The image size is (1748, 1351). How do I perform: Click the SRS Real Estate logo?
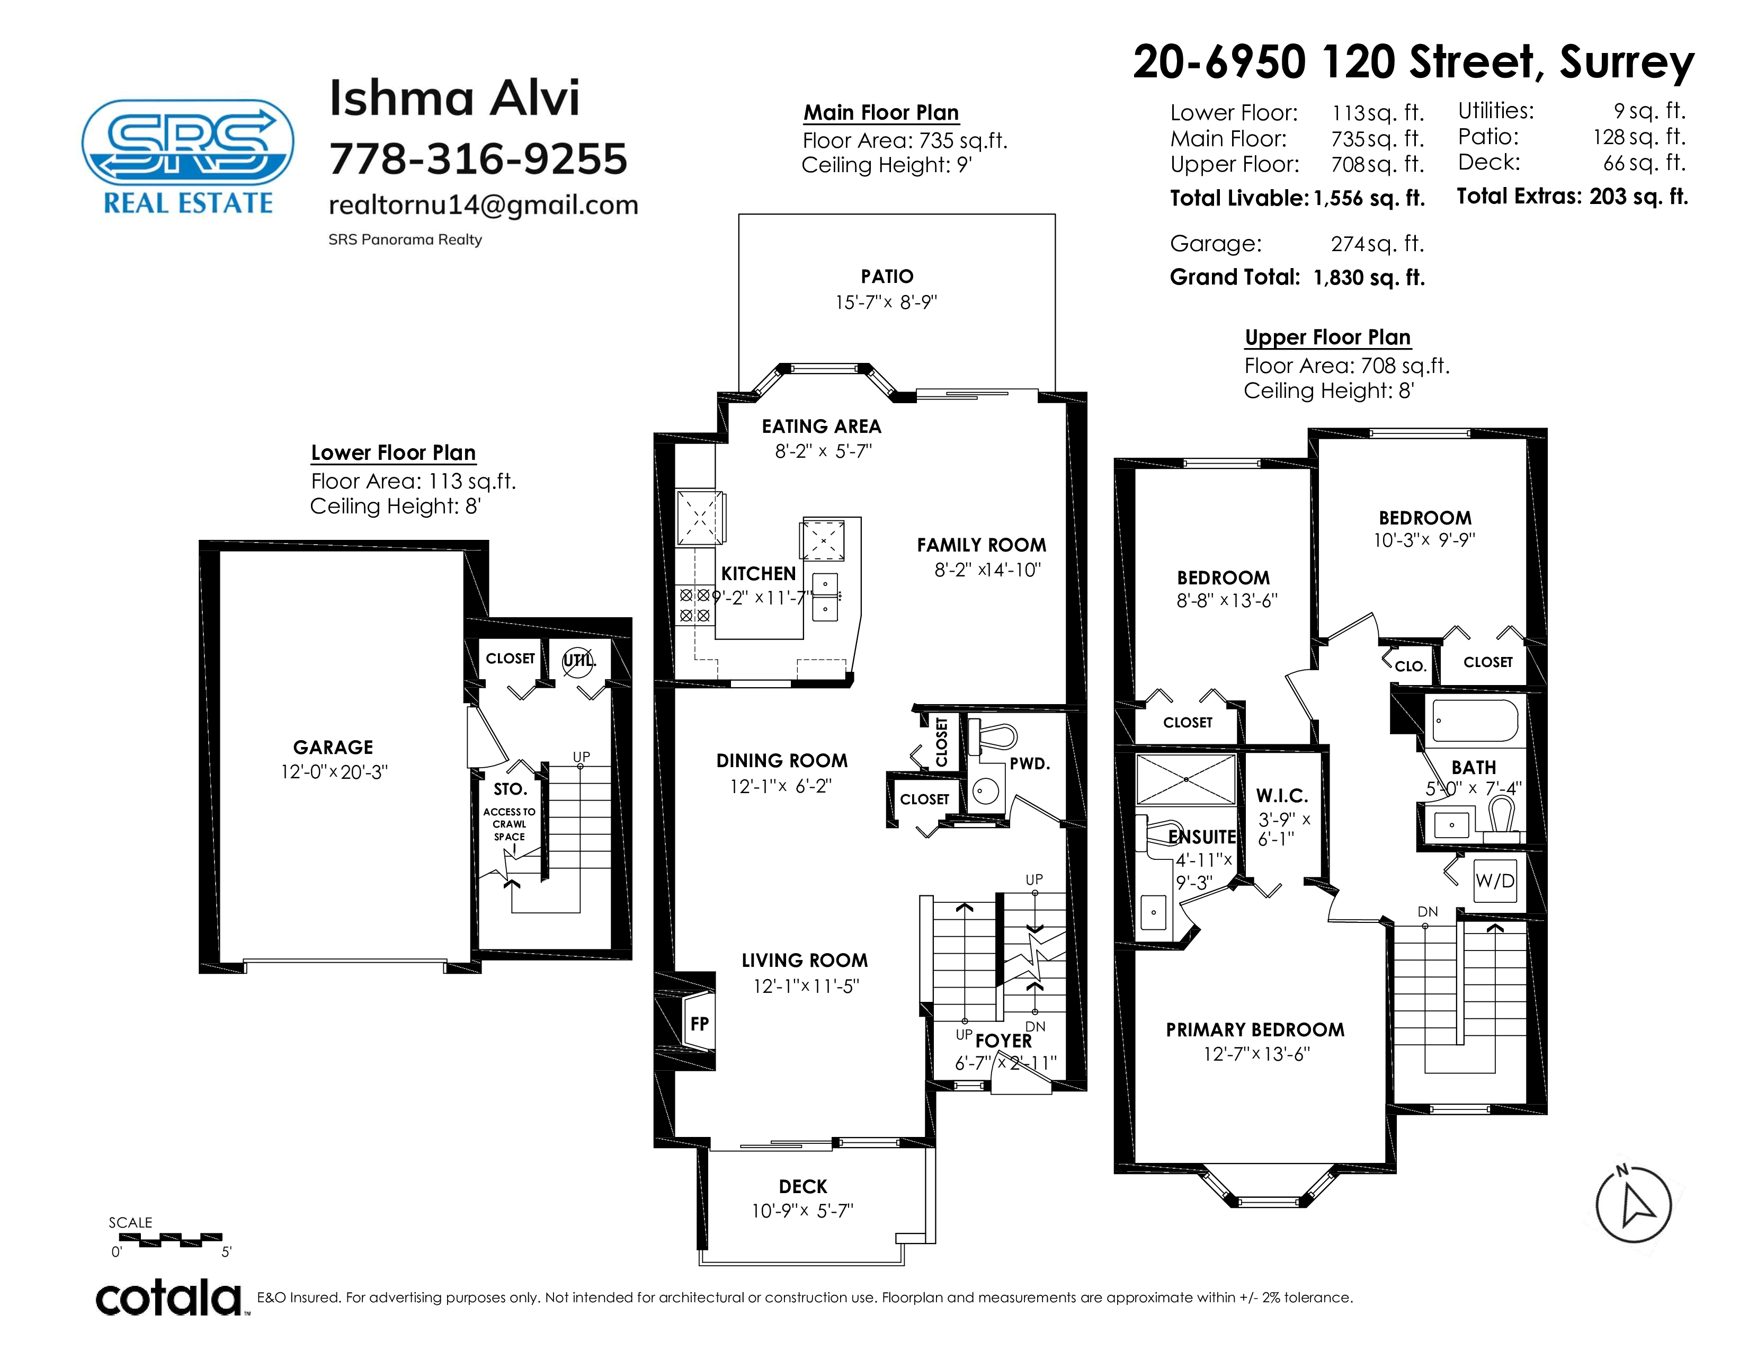[188, 157]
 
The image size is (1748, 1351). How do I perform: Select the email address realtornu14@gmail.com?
[484, 205]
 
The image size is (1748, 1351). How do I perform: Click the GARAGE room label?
[333, 746]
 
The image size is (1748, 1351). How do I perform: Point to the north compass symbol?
[1633, 1205]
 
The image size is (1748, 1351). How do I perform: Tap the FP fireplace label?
[700, 1024]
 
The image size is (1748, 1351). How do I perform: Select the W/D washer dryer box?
[1495, 881]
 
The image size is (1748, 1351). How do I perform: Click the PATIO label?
[887, 276]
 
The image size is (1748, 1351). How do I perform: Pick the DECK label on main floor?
[803, 1186]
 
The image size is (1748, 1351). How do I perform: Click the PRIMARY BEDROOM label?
[1255, 1029]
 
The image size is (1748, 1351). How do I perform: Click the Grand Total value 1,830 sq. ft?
[1369, 278]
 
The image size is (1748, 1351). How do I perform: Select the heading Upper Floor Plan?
[1328, 337]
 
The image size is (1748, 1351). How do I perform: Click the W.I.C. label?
[1282, 796]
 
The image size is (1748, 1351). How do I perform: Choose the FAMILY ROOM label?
[981, 545]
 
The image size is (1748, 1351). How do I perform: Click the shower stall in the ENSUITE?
[1185, 779]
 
